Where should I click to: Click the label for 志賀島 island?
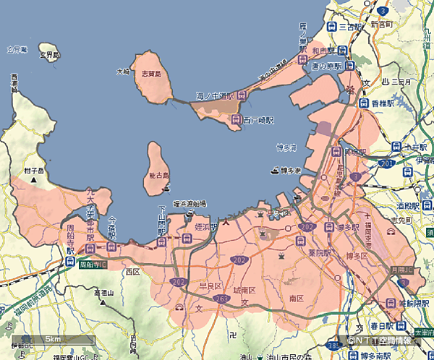[x=151, y=74]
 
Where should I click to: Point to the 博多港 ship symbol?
[x=276, y=171]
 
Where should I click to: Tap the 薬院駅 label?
[x=317, y=254]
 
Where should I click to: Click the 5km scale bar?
[x=53, y=339]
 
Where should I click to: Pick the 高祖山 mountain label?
[x=106, y=292]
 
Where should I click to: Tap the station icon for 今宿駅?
[x=111, y=247]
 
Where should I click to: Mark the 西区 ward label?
[x=132, y=272]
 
